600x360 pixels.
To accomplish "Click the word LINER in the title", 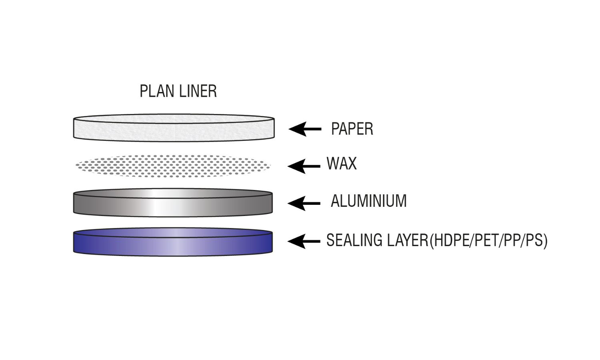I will pyautogui.click(x=198, y=91).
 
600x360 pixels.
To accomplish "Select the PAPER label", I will pyautogui.click(x=352, y=129).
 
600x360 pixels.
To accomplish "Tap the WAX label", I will pyautogui.click(x=341, y=164).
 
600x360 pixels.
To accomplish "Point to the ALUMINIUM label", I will pyautogui.click(x=368, y=201).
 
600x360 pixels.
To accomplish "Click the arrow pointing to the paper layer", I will pyautogui.click(x=305, y=129).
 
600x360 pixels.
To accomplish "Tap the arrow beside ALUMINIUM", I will pyautogui.click(x=304, y=203).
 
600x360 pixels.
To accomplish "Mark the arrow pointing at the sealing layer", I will pyautogui.click(x=304, y=241).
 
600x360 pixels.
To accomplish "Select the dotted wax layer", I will pyautogui.click(x=173, y=166).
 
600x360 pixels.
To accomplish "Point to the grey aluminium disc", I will pyautogui.click(x=120, y=204).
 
